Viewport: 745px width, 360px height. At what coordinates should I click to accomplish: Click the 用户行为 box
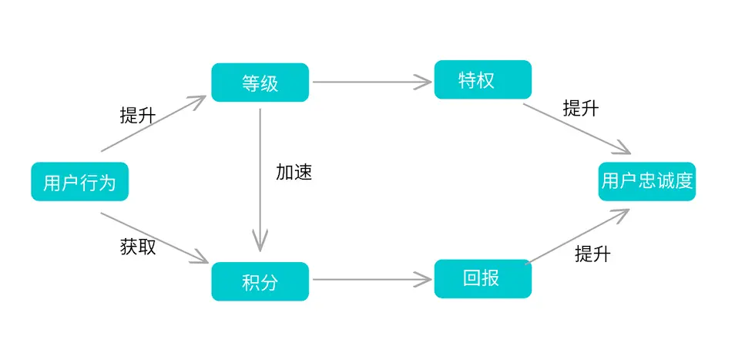click(x=80, y=182)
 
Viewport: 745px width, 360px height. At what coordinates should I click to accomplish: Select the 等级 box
click(x=260, y=82)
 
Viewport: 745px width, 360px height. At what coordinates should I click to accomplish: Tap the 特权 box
click(x=483, y=79)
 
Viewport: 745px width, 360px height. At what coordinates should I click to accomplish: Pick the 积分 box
click(x=260, y=281)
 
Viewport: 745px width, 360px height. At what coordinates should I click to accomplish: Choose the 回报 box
click(x=483, y=279)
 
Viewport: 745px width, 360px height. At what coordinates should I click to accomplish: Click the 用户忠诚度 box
click(x=647, y=181)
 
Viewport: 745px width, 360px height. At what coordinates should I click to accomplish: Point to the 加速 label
click(x=294, y=172)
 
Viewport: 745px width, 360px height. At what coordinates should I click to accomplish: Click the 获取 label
click(x=138, y=247)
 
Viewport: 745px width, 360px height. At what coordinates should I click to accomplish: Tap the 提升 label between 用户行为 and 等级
click(x=138, y=116)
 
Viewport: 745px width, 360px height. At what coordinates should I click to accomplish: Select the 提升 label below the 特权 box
click(x=581, y=108)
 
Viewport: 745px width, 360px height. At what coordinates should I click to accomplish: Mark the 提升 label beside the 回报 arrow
click(x=592, y=254)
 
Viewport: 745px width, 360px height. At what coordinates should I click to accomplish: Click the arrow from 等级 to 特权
click(x=372, y=82)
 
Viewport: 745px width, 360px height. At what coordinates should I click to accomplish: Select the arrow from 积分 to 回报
click(x=372, y=279)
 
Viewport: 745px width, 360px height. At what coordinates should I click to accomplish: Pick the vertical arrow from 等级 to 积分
click(x=260, y=180)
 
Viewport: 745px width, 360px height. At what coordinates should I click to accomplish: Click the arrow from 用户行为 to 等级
click(x=153, y=123)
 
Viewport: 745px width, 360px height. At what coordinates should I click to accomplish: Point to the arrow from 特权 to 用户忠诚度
click(x=577, y=129)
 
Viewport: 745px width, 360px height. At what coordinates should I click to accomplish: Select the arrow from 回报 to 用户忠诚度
click(x=578, y=237)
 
